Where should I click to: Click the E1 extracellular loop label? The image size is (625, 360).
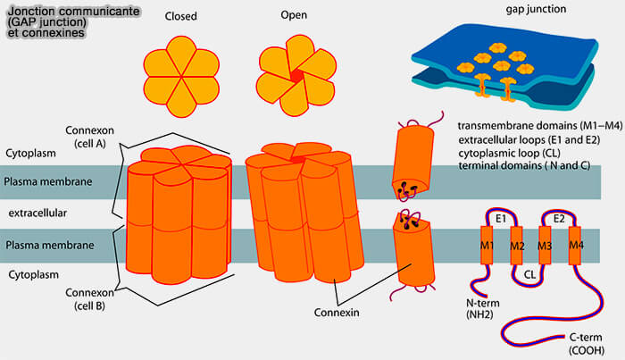tap(501, 218)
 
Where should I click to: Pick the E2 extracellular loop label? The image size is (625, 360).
tap(560, 218)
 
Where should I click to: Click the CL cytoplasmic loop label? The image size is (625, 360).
tap(530, 275)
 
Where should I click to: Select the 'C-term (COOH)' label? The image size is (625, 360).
tap(587, 345)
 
